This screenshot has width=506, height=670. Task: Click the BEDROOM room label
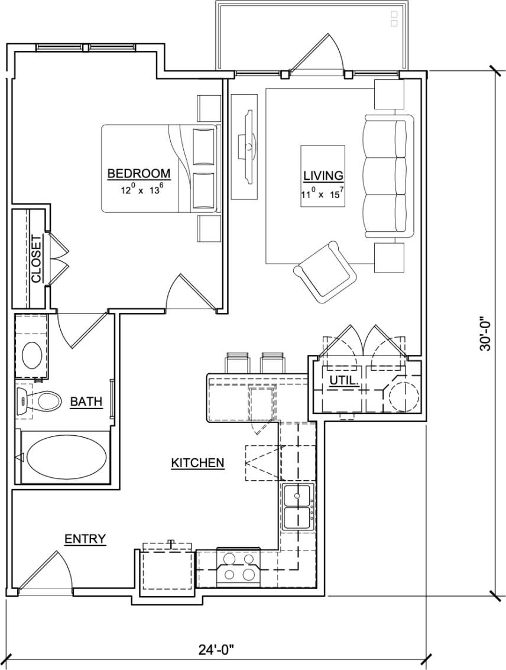[139, 174]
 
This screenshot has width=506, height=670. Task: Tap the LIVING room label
[323, 176]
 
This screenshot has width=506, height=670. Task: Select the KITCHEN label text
[197, 463]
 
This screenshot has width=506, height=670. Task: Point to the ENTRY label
[85, 539]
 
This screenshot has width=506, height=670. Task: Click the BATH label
[86, 402]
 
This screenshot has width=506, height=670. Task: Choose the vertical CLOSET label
[36, 259]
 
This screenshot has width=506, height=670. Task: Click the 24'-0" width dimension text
[216, 650]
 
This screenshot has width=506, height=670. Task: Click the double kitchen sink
[298, 507]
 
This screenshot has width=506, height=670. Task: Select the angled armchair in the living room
[325, 272]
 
